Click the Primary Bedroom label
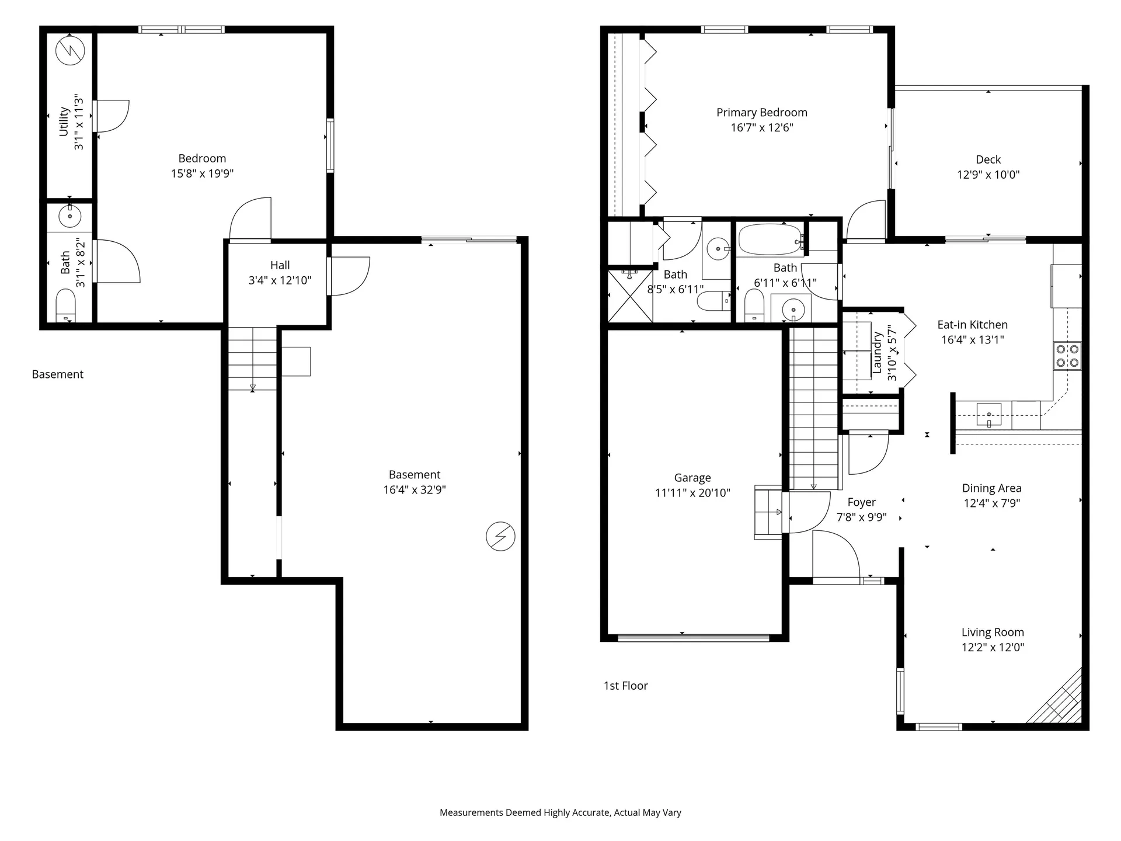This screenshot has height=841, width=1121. coord(761,113)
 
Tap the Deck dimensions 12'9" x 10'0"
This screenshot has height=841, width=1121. coord(988,175)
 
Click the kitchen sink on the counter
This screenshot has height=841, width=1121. coord(988,415)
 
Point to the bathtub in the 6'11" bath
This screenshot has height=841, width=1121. coord(770,239)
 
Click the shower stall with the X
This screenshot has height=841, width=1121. coord(630,296)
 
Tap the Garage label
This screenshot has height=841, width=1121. coord(692,478)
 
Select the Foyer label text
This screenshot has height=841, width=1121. coord(861,502)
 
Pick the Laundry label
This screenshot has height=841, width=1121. coord(876,353)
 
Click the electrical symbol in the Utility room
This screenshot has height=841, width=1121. coord(70,51)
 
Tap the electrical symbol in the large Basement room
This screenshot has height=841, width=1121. coord(500,536)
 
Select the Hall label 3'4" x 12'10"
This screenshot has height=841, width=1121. coord(280,273)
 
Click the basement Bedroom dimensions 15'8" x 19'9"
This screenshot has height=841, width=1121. coord(202,173)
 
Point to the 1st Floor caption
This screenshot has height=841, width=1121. coord(625,686)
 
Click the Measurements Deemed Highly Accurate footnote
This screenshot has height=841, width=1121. coord(560,812)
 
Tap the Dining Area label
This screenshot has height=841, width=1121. coord(991,488)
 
